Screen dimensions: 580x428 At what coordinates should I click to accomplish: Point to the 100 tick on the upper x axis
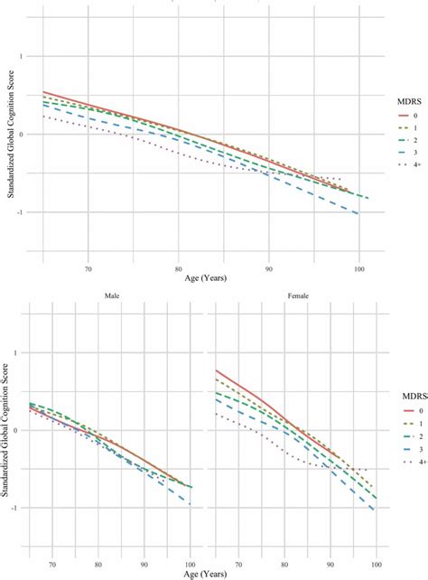click(x=360, y=268)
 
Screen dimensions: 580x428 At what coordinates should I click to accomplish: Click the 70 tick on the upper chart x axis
click(x=88, y=268)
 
